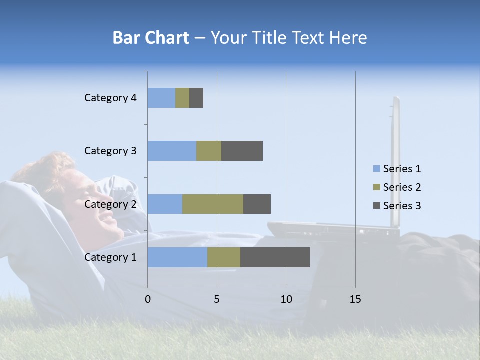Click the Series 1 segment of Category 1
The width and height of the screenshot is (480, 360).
(177, 257)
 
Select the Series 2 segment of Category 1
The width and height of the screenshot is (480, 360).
(224, 257)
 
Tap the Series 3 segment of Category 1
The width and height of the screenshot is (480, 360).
(275, 257)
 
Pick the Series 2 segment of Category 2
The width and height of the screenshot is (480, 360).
(213, 204)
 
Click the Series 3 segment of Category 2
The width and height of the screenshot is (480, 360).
(257, 204)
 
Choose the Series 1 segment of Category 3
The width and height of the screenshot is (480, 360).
(172, 151)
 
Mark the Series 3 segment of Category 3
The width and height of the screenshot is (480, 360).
(242, 151)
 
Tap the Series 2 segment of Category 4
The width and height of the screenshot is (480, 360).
(182, 98)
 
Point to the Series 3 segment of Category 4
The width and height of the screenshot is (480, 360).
(196, 98)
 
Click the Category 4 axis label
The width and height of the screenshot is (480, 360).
(110, 98)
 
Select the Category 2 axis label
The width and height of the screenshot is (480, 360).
(110, 204)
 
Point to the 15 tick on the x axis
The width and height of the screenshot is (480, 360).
(355, 299)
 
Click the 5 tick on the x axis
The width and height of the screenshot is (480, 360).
(217, 299)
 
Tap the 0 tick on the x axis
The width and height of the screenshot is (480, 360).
(148, 299)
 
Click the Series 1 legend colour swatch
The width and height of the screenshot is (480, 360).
(376, 169)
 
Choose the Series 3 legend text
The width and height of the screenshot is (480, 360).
(402, 206)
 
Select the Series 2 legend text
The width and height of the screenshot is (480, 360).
(402, 187)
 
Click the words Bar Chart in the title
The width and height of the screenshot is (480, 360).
(151, 38)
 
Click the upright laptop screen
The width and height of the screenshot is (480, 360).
(395, 160)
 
